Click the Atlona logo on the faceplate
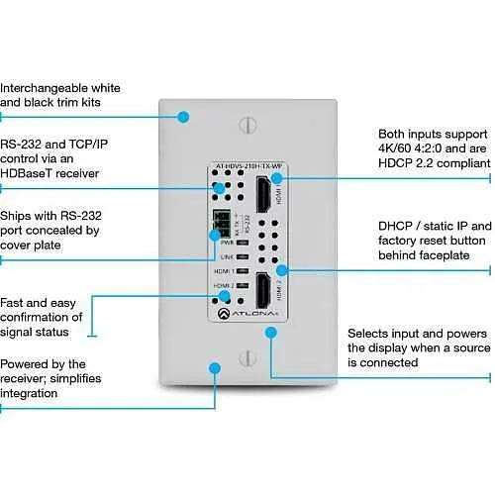(247, 314)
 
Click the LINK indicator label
(226, 255)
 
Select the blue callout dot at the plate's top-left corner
(182, 116)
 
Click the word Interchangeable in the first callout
(48, 86)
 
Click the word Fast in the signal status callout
(15, 302)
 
